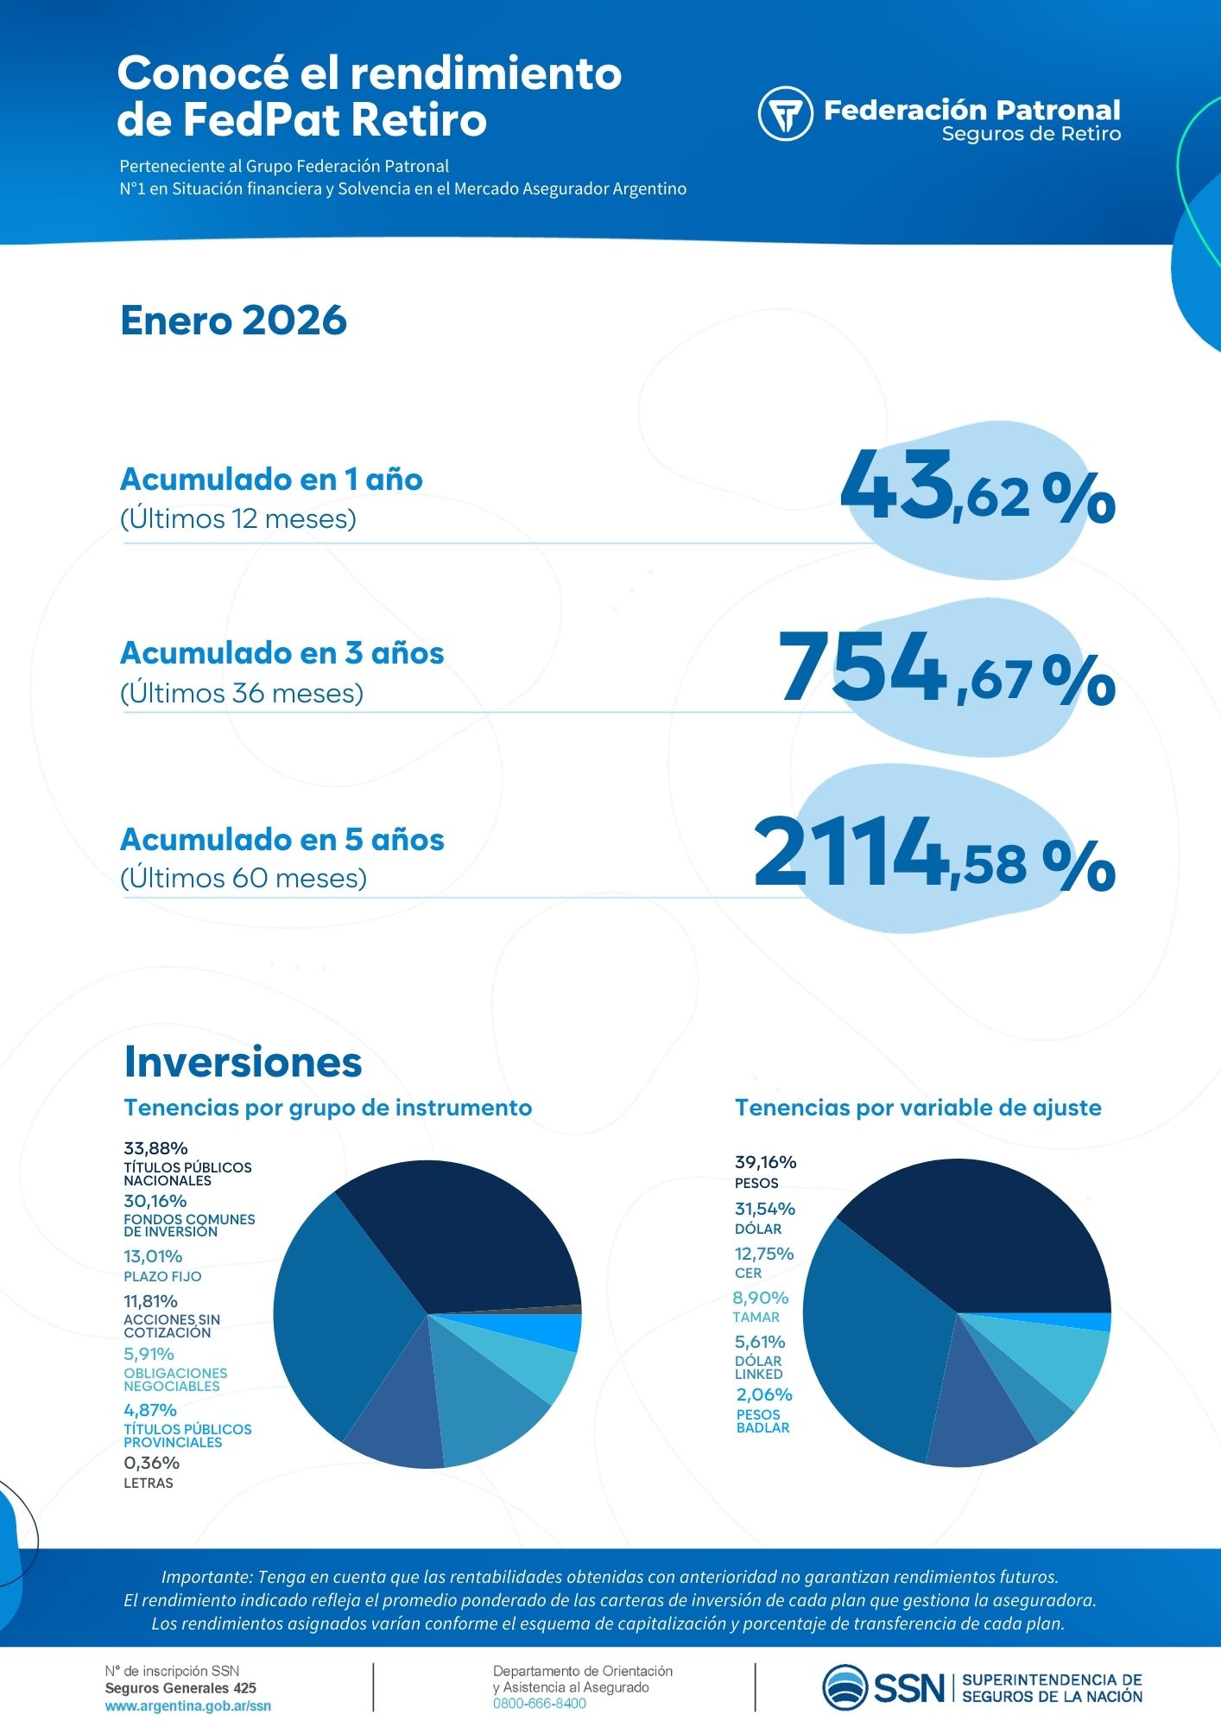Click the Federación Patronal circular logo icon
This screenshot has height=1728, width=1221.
(785, 113)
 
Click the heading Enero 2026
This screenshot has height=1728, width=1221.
(233, 321)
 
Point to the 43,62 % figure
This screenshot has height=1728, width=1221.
(977, 491)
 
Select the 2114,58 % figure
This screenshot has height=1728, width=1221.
(933, 855)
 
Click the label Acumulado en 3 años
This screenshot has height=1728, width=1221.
(282, 653)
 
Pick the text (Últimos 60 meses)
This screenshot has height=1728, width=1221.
(244, 879)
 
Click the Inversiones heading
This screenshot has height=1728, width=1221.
(243, 1062)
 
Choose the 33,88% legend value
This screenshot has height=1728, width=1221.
(155, 1148)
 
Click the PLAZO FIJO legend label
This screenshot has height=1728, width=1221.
(162, 1276)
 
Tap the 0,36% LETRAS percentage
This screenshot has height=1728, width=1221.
(151, 1463)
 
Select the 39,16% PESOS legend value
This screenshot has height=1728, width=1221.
(765, 1162)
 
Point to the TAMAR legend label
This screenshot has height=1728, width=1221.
(756, 1317)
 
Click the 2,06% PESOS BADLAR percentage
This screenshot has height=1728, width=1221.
(763, 1394)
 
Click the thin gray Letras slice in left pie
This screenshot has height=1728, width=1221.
(570, 1310)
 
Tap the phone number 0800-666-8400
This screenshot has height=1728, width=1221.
(539, 1704)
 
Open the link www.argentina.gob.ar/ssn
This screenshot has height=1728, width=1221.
(187, 1706)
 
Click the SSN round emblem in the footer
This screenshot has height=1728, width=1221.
(845, 1687)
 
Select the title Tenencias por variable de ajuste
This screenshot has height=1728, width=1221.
(917, 1108)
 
